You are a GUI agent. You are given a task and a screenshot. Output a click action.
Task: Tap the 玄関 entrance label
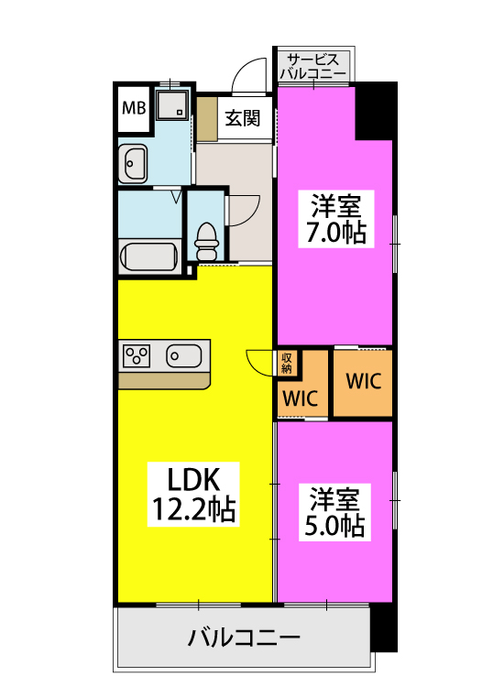pos(243,118)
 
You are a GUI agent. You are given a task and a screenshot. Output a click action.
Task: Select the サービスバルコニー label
pos(312,64)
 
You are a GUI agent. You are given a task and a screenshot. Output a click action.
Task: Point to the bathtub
pos(148,256)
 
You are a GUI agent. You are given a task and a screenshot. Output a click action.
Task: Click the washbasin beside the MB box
pos(135,164)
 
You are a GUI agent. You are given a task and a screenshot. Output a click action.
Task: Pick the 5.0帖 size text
pos(335,526)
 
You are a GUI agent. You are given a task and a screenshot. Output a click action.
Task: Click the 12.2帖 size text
pos(193,509)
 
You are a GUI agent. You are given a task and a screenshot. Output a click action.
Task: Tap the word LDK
pos(193,478)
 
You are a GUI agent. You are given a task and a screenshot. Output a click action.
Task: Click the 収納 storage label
pos(287,363)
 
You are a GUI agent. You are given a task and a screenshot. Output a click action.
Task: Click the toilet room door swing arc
pos(240,210)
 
